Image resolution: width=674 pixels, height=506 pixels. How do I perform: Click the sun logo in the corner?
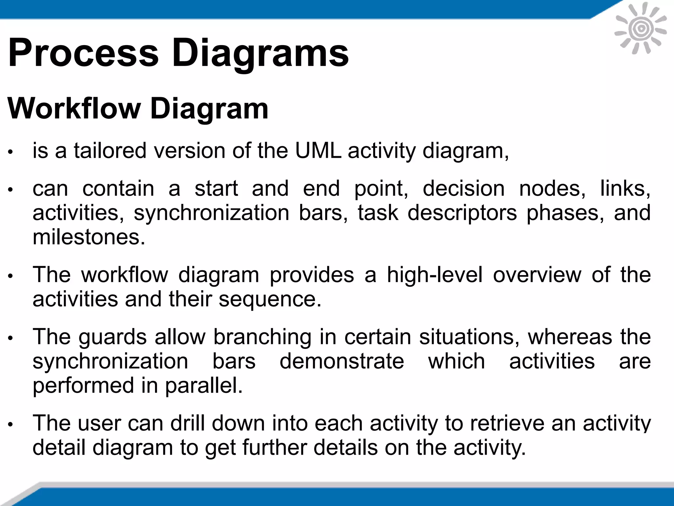[x=640, y=29]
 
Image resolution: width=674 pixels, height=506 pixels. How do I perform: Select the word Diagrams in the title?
[x=260, y=53]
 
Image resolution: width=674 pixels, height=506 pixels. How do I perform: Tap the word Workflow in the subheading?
[x=74, y=109]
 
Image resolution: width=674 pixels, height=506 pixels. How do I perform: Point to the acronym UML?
[x=318, y=151]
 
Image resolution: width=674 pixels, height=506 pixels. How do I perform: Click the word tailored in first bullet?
[x=110, y=151]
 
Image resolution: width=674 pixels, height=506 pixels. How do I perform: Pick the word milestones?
[x=89, y=237]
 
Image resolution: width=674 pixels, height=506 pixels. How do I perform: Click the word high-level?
[x=434, y=274]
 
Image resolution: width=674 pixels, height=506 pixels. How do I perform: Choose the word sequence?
[x=270, y=299]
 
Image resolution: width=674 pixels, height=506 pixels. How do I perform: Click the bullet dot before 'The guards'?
[x=11, y=338]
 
